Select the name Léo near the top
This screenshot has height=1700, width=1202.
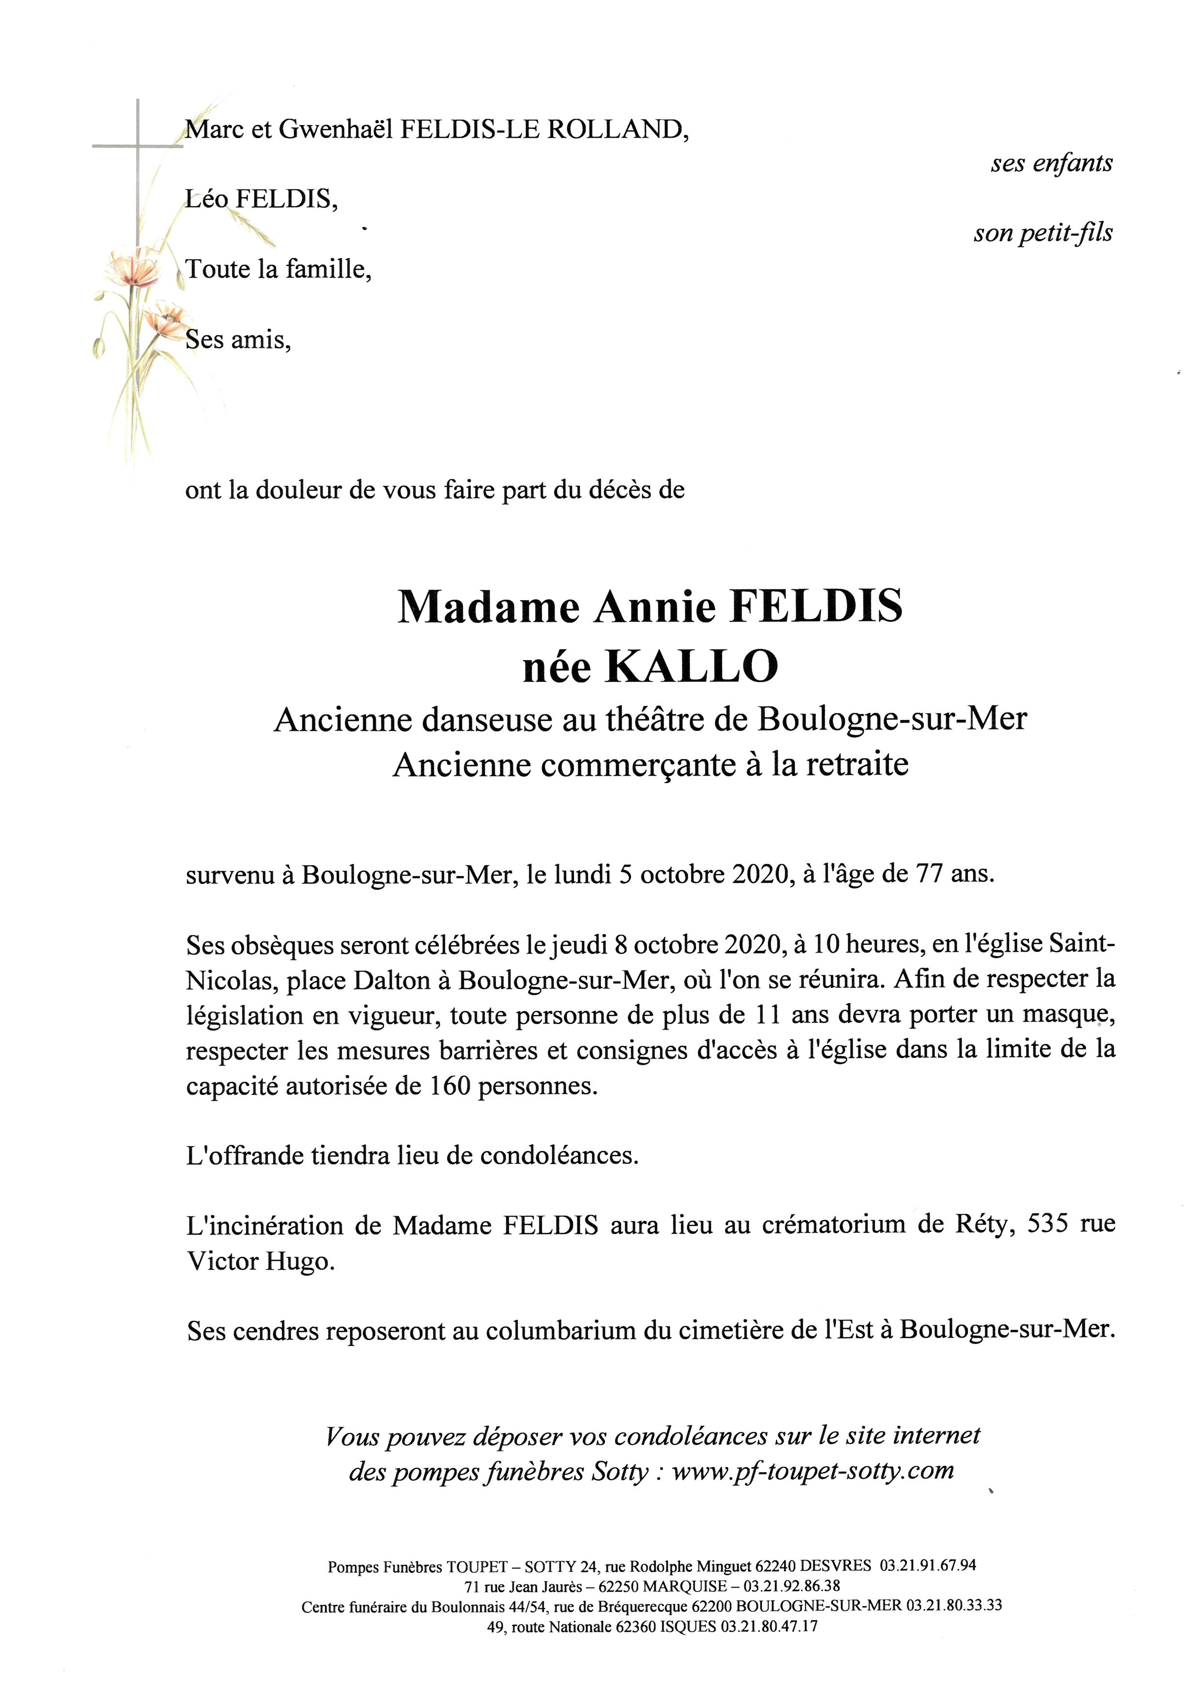(x=206, y=199)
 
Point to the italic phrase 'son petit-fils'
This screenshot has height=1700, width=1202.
(x=1042, y=233)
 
